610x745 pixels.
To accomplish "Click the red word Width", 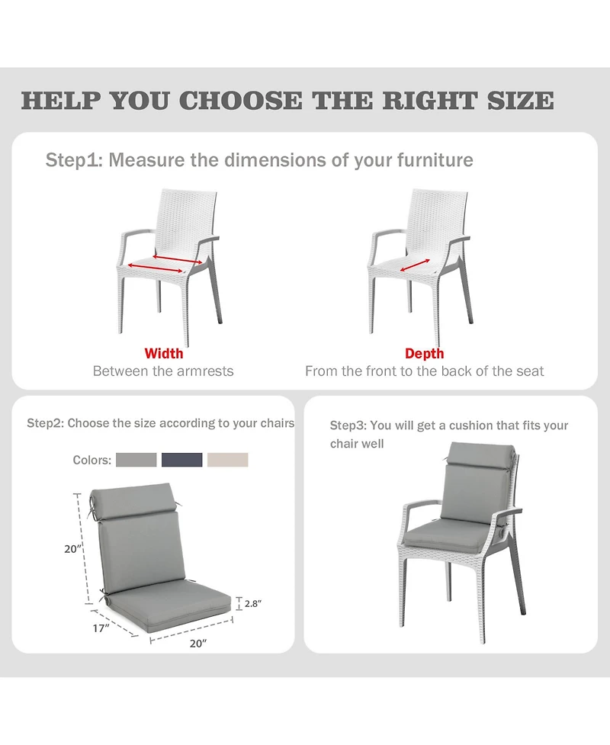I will pos(164,354).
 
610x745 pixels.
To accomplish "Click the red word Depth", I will pos(424,354).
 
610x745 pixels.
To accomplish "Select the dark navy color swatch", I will pos(182,460).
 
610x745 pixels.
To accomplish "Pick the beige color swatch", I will pos(228,460).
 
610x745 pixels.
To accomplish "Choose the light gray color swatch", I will pos(136,460).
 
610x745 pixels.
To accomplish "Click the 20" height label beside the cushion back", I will pos(73,548).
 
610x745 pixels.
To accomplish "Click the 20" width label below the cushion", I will pos(197,643).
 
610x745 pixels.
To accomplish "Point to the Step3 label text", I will pos(348,425).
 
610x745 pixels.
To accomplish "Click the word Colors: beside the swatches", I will pos(92,460).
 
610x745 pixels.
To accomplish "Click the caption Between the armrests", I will pos(163,371).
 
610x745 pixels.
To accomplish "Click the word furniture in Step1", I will pos(435,160).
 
